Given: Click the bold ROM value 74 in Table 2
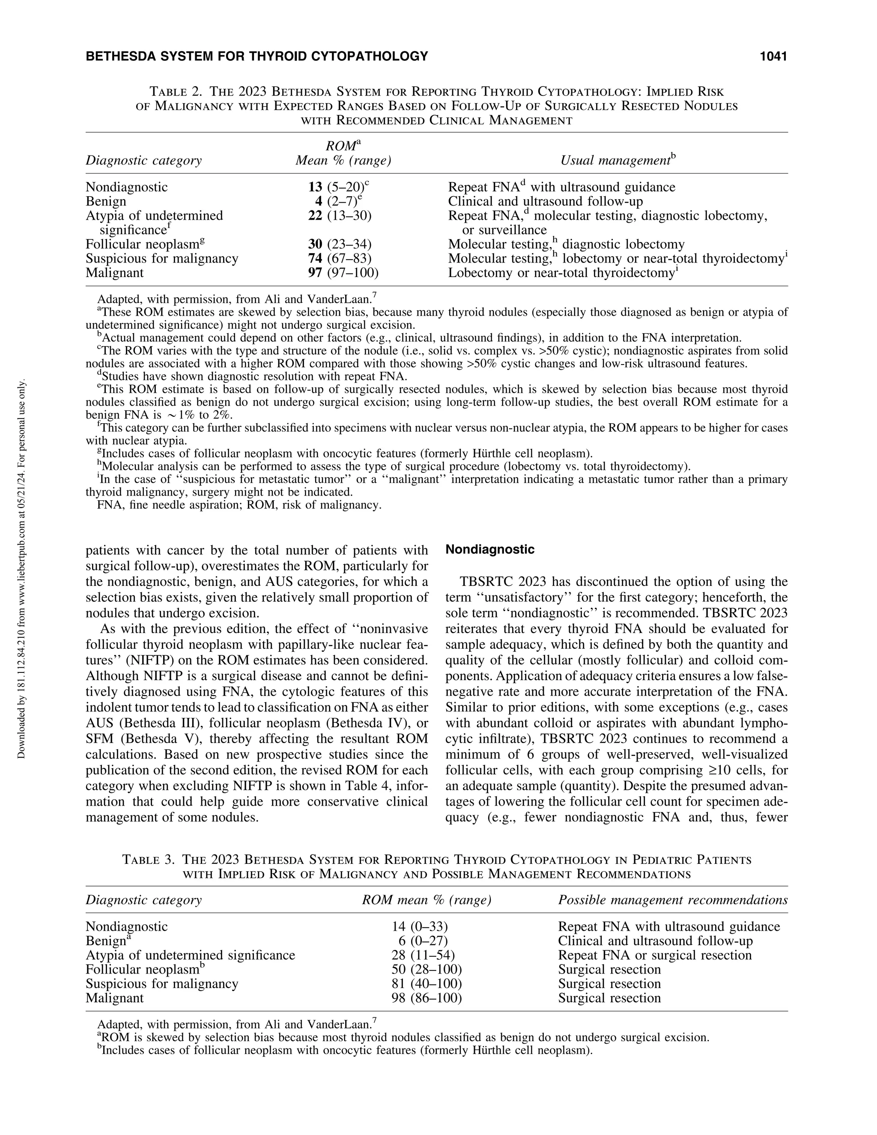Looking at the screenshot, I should [x=315, y=258].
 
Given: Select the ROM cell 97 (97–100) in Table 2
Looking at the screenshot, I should [x=343, y=272].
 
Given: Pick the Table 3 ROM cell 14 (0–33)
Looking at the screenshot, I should [x=419, y=926].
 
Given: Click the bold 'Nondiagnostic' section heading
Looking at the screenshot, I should [x=490, y=550].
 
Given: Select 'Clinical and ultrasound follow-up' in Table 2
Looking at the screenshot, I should [x=545, y=201].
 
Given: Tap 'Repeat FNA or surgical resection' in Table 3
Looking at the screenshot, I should [x=654, y=955].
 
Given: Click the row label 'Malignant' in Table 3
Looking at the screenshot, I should [x=114, y=998].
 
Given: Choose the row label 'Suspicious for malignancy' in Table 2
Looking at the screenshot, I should [x=161, y=258].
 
